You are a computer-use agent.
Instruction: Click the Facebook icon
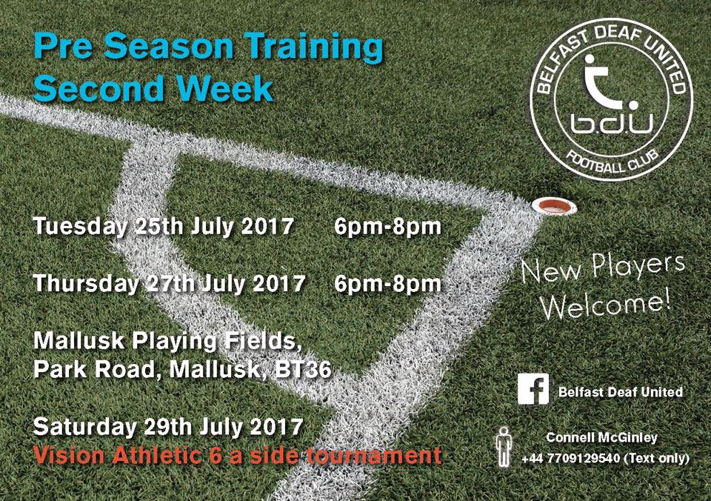click(x=533, y=388)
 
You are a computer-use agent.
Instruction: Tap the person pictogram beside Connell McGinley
click(x=504, y=447)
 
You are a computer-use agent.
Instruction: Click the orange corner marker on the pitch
click(x=554, y=207)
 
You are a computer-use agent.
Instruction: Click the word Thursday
click(x=87, y=283)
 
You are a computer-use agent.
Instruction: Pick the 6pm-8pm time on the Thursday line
click(x=387, y=284)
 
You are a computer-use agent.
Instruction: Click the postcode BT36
click(x=303, y=369)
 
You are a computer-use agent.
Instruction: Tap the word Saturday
click(x=84, y=427)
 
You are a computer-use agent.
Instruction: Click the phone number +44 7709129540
click(x=570, y=458)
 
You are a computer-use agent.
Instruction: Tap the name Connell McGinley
click(x=601, y=437)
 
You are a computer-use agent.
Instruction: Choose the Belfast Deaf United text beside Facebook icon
click(x=621, y=391)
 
